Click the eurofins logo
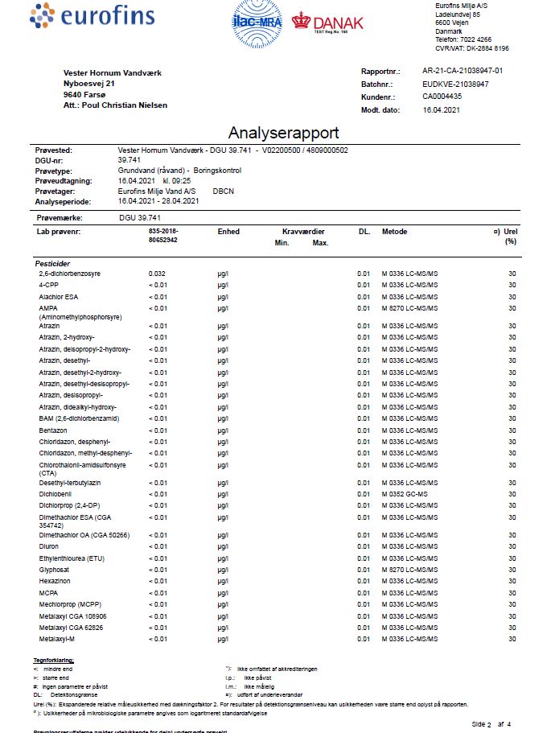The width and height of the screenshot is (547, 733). click(80, 15)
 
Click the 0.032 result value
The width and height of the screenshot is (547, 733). click(158, 274)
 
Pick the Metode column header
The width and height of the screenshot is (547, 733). click(395, 232)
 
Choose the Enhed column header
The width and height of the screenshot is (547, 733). click(228, 232)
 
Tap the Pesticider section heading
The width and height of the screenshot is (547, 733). click(53, 263)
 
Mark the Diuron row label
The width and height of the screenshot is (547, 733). click(49, 546)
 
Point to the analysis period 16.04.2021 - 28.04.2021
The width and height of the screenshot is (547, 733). click(158, 201)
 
